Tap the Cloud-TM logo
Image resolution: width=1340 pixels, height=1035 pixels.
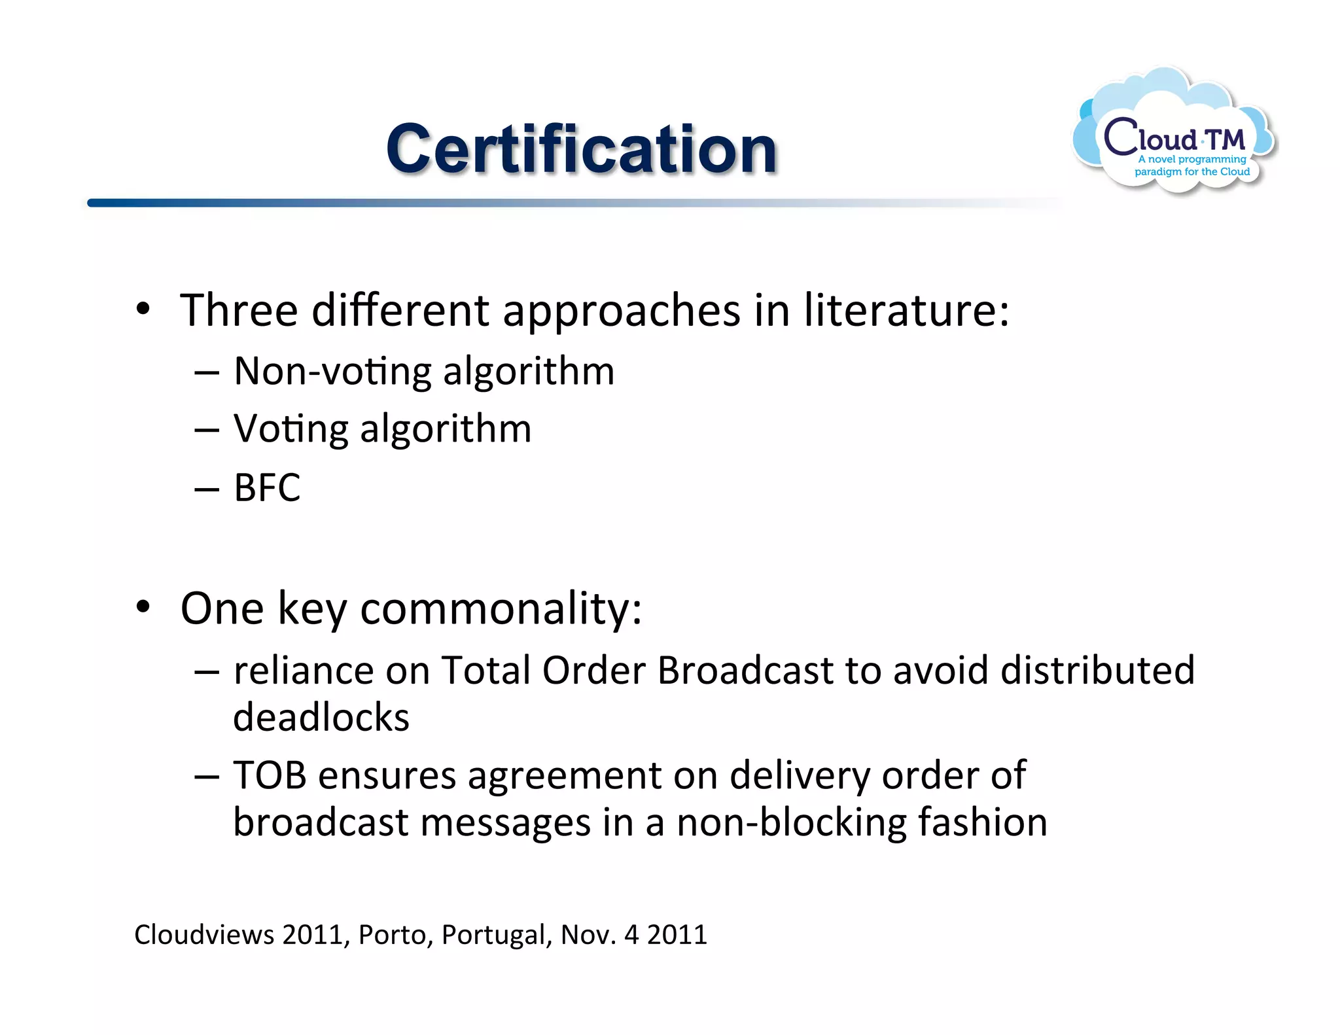point(1174,134)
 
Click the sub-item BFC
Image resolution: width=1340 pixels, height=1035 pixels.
point(267,487)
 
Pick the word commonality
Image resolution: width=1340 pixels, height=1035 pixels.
point(501,608)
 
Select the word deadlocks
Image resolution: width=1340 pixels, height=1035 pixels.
point(321,717)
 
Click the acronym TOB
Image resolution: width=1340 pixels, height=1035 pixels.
point(270,775)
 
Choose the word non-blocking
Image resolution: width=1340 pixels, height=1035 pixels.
point(791,822)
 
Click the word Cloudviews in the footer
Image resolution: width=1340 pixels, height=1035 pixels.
point(204,934)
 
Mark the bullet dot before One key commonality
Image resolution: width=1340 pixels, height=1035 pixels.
point(143,608)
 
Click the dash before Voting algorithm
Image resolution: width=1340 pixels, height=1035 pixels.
point(207,431)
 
